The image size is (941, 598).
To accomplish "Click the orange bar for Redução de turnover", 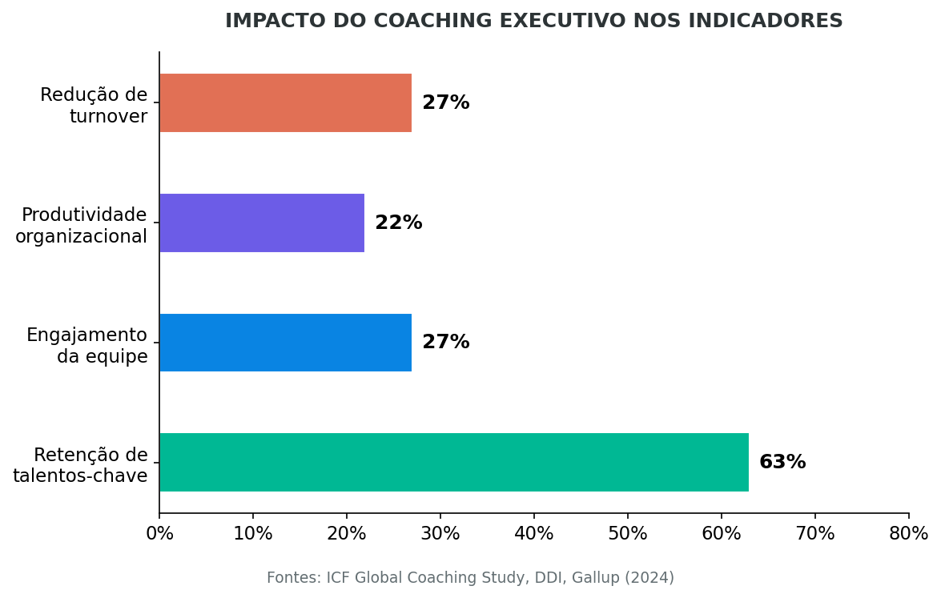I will pos(285,103).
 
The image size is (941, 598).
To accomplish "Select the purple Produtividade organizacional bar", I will pos(262,223).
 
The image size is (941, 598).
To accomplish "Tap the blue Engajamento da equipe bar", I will pos(285,343).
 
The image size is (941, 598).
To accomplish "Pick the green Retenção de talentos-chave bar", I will pos(453,462).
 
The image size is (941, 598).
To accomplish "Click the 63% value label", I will pos(782,463).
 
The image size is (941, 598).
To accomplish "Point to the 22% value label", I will pos(398,223).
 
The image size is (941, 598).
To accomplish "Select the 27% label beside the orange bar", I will pos(445,103).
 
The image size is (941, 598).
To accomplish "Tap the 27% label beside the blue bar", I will pos(445,343).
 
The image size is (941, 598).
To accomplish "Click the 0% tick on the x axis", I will pos(159,534).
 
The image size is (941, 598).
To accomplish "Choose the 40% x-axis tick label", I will pos(534,534).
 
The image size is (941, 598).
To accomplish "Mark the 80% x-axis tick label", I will pos(908,534).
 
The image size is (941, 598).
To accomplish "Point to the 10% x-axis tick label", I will pos(253,534).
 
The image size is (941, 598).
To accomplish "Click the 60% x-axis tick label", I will pos(722,534).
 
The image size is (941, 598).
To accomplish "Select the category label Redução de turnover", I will pos(94,106).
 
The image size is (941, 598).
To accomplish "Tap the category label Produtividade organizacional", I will pos(82,226).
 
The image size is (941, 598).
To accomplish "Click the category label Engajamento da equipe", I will pos(87,346).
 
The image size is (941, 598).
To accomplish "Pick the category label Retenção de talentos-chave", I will pos(80,466).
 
